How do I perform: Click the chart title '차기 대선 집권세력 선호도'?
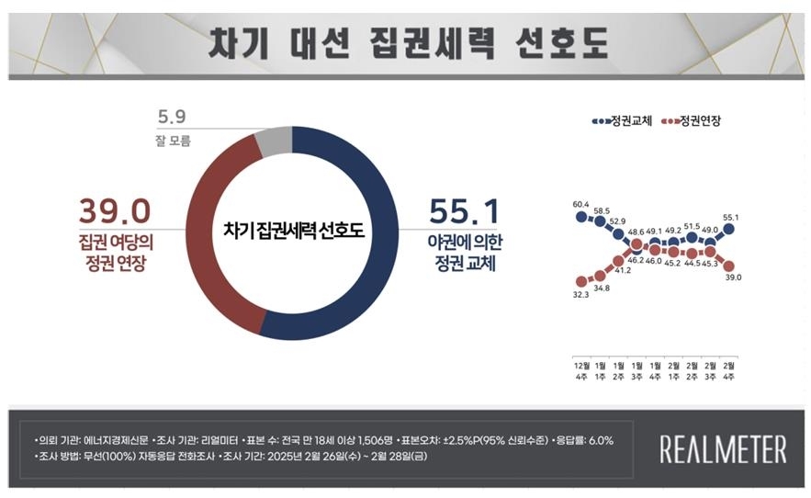[x=408, y=41]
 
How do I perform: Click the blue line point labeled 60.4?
[x=581, y=217]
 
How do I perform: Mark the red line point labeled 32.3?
[x=581, y=281]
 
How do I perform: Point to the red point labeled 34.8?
[x=600, y=274]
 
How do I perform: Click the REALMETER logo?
[x=723, y=449]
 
